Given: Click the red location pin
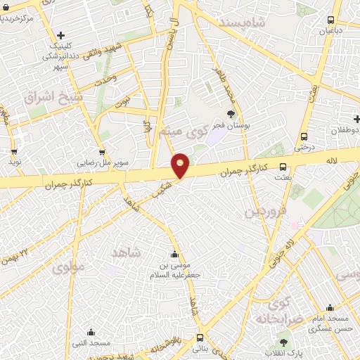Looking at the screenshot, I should click(181, 165).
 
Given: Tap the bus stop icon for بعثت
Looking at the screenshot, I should click(283, 167).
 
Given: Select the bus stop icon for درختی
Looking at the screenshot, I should click(304, 136).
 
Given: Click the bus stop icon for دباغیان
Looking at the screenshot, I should click(331, 20).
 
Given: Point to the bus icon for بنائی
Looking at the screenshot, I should click(200, 337).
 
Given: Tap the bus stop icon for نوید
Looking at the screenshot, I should click(13, 151).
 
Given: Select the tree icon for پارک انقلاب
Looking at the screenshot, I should click(283, 342).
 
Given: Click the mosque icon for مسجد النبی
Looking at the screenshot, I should click(91, 332).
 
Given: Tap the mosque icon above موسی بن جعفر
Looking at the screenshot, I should click(174, 254).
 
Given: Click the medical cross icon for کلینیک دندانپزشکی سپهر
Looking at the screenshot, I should click(62, 35).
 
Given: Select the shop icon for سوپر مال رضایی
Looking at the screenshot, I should click(103, 152).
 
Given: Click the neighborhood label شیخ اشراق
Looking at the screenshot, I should click(53, 96).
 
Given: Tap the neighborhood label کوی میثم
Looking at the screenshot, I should click(188, 130).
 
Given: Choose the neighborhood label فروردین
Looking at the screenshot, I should click(266, 212).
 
